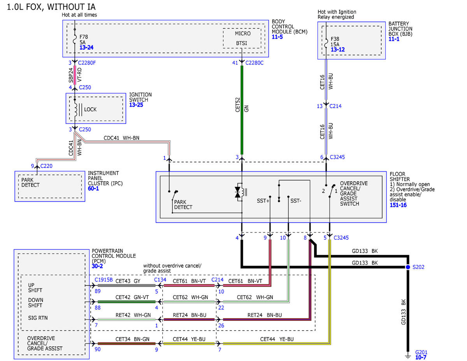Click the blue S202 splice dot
(408, 267)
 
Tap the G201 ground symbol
(408, 356)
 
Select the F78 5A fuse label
(84, 40)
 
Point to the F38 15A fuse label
(335, 42)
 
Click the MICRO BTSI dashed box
(242, 38)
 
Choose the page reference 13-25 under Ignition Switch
(136, 105)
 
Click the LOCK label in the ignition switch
(90, 109)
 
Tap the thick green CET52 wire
(242, 110)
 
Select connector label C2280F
(87, 63)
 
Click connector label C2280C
(255, 63)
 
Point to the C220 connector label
(46, 166)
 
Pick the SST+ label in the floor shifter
(263, 201)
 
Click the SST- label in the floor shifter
(296, 201)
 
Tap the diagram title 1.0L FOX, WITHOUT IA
(51, 7)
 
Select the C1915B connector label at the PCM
(104, 280)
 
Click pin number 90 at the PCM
(98, 349)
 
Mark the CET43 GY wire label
(128, 281)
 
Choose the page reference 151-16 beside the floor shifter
(398, 205)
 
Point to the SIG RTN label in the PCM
(38, 318)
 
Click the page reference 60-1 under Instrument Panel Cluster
(93, 188)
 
